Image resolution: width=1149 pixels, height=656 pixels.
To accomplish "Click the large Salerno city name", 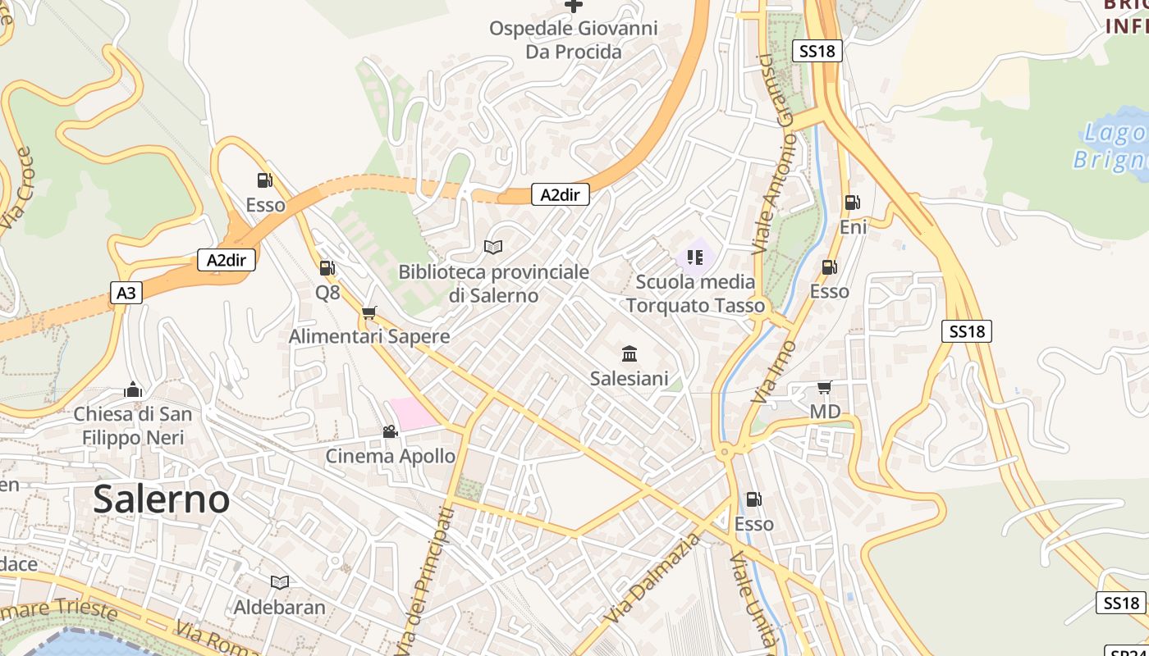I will (161, 499).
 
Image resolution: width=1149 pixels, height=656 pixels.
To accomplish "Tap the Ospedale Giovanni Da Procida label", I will (574, 40).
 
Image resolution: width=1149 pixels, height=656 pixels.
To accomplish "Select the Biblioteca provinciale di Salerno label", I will (494, 284).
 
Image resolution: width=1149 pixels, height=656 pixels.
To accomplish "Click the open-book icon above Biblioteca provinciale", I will (493, 246).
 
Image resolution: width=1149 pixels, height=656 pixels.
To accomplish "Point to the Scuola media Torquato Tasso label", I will (696, 294).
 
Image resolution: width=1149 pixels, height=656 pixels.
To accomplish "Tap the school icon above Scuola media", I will (695, 257).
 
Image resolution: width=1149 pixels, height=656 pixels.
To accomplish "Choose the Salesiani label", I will (629, 378).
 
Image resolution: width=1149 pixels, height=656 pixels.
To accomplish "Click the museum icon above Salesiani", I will (629, 354).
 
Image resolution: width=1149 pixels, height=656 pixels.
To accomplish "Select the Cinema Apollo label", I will (391, 456).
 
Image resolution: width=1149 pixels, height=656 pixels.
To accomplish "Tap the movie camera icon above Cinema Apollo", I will (390, 431).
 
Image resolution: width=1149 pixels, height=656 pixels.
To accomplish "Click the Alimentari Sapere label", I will (369, 336).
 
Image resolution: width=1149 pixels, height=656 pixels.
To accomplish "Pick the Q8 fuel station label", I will (327, 292).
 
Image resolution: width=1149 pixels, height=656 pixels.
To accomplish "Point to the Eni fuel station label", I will (854, 227).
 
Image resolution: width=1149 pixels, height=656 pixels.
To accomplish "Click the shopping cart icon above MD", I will (825, 387).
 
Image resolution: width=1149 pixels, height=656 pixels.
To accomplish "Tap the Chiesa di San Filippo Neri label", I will (133, 426).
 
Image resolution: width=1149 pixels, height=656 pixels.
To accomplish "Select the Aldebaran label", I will (280, 608).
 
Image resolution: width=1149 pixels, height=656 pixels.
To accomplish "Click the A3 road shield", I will (126, 293).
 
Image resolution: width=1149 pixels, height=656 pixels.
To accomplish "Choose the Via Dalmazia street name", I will (655, 577).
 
